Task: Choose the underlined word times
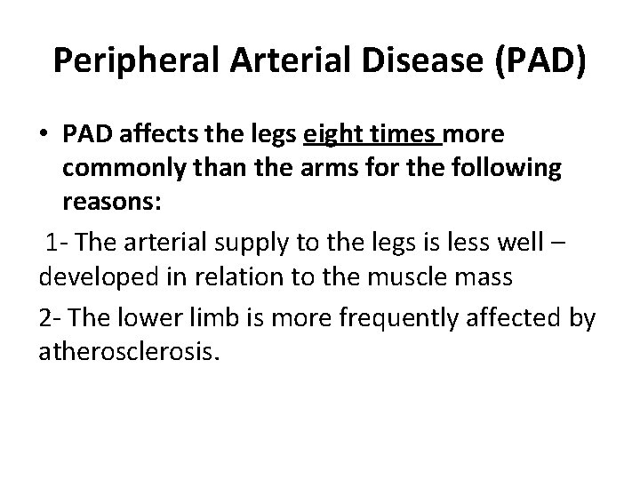click(x=408, y=134)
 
